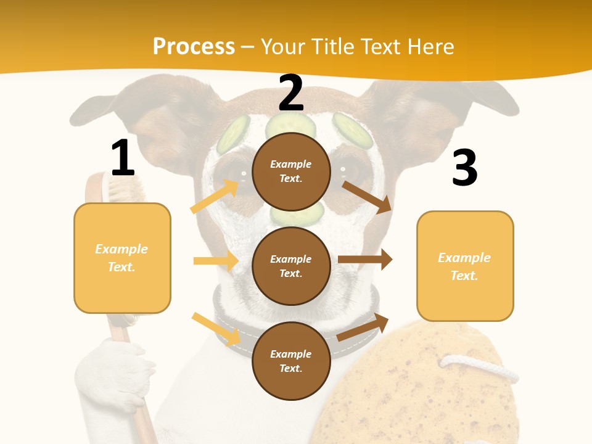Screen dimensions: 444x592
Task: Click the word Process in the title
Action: pos(194,47)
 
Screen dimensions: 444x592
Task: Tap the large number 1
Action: pos(123,158)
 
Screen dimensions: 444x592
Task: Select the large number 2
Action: pos(291,93)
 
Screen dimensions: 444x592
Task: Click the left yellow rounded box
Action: pos(122,258)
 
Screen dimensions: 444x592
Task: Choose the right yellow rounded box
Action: pos(465,266)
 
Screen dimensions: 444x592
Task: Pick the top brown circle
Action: pos(291,171)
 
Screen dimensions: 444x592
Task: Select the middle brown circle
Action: pos(291,266)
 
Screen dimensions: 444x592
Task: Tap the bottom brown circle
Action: pos(291,361)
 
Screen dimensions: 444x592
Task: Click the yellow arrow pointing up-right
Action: pos(214,196)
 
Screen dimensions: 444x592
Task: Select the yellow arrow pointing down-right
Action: pos(216,329)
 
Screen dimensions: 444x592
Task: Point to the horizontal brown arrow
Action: pos(365,260)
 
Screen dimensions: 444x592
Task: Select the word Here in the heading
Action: pos(430,47)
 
